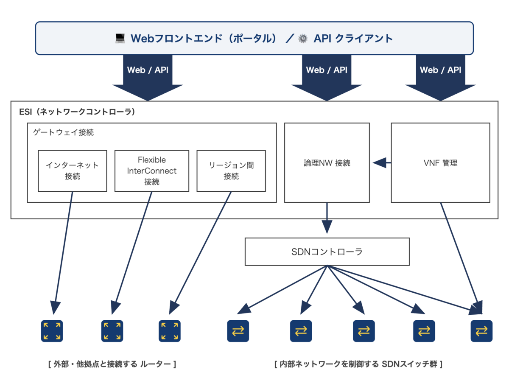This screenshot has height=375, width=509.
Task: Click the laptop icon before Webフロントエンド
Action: pyautogui.click(x=120, y=39)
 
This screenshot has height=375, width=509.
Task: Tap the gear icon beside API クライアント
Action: pyautogui.click(x=303, y=39)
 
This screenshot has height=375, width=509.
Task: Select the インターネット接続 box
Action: pyautogui.click(x=73, y=171)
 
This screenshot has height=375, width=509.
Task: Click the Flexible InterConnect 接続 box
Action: pyautogui.click(x=152, y=171)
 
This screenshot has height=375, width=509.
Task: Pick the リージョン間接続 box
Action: pyautogui.click(x=231, y=171)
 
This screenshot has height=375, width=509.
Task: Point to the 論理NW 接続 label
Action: pyautogui.click(x=327, y=163)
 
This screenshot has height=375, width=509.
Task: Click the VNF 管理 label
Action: pyautogui.click(x=440, y=163)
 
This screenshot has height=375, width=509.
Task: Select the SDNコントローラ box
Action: pyautogui.click(x=327, y=252)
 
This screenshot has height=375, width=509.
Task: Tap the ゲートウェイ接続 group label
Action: pyautogui.click(x=63, y=132)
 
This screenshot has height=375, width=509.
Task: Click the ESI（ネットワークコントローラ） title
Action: pyautogui.click(x=77, y=112)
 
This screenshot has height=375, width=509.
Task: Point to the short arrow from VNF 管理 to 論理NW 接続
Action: pyautogui.click(x=382, y=163)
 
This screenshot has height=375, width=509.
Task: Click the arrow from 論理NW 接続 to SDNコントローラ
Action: pyautogui.click(x=327, y=218)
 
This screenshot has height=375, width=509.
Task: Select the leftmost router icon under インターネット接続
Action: pyautogui.click(x=52, y=331)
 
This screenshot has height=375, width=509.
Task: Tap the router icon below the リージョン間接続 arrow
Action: pyautogui.click(x=170, y=331)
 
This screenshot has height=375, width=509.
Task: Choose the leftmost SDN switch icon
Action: pyautogui.click(x=238, y=331)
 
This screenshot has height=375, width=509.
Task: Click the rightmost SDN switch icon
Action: pyautogui.click(x=481, y=331)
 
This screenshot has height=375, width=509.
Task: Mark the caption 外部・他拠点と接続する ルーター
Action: pyautogui.click(x=112, y=364)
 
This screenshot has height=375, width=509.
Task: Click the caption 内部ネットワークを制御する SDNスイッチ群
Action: pyautogui.click(x=358, y=364)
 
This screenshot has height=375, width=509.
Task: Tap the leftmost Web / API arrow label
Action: pyautogui.click(x=148, y=70)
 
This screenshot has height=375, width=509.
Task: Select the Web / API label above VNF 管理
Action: pyautogui.click(x=440, y=70)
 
